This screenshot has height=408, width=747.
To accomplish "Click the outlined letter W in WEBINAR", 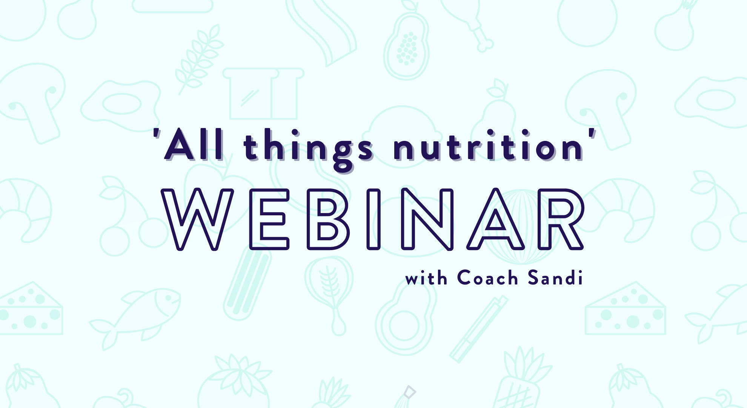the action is click(x=197, y=219).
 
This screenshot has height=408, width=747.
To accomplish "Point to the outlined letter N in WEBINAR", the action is click(x=427, y=219).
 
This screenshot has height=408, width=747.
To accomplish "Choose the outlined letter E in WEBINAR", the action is click(x=269, y=219).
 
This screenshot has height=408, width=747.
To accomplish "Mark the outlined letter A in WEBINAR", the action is click(x=496, y=219).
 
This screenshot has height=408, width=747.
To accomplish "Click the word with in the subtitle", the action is click(x=426, y=278).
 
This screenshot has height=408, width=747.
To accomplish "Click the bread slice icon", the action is click(x=263, y=93).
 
